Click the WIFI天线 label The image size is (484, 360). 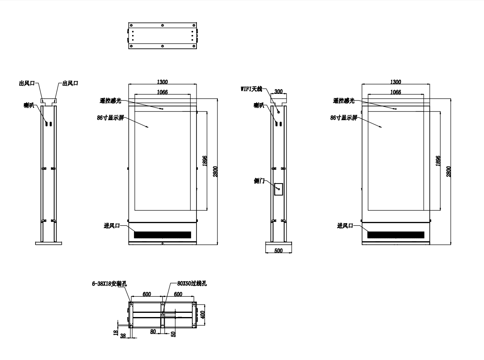point(251,89)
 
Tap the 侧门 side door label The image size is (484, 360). point(259,181)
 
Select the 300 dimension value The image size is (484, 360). point(278,91)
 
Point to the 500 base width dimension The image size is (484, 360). point(278,250)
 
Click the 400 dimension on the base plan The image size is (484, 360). point(202,315)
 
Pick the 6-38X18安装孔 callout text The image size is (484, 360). point(109,284)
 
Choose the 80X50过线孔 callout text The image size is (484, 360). point(192,283)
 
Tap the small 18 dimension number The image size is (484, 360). point(116,332)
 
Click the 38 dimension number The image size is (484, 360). point(123,336)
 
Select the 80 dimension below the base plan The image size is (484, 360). point(153,331)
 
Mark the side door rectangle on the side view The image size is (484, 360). point(278,189)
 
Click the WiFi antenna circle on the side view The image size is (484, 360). point(278,112)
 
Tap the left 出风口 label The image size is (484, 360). point(27,83)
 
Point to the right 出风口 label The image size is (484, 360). point(71,83)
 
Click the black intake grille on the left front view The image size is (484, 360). point(163,235)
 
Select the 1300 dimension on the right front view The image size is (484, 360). point(396,82)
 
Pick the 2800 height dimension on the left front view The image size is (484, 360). point(215,171)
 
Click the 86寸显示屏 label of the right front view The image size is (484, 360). point(343,118)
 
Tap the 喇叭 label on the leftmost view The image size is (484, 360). point(29,105)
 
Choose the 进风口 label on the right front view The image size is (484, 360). point(345,226)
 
